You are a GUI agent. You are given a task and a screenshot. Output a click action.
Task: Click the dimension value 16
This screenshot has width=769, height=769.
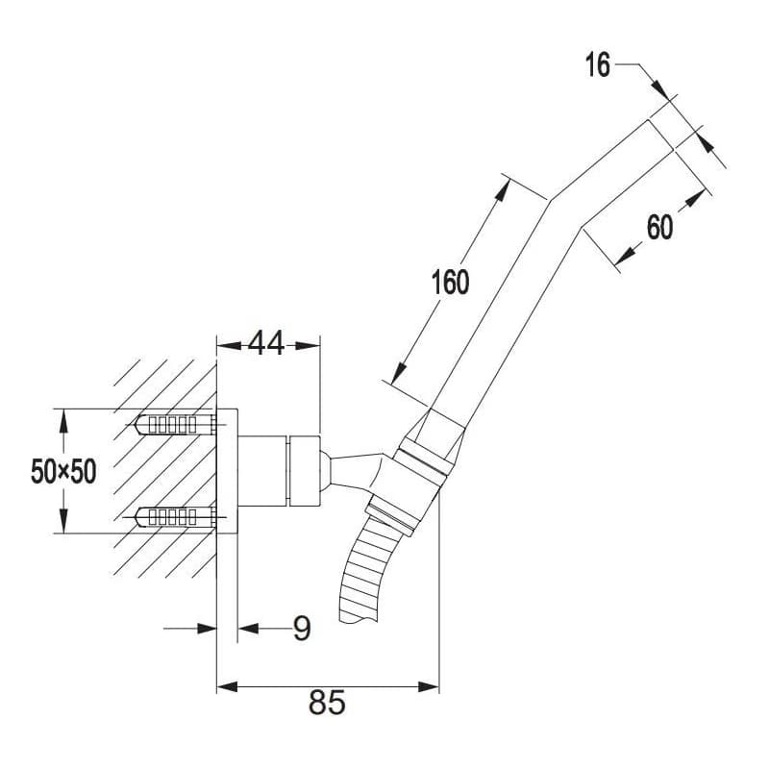click(597, 65)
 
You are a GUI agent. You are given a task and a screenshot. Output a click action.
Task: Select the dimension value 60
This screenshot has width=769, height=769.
click(659, 227)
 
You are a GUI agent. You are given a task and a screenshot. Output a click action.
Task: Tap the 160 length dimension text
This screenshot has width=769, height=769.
click(450, 282)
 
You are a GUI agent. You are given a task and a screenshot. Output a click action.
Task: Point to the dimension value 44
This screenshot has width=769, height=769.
click(266, 343)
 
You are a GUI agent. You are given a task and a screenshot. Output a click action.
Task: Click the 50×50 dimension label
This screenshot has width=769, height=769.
click(63, 471)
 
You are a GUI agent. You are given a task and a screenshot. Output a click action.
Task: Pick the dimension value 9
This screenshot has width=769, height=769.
click(302, 629)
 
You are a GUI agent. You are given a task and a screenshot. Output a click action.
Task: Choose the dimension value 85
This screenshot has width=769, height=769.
click(327, 702)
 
